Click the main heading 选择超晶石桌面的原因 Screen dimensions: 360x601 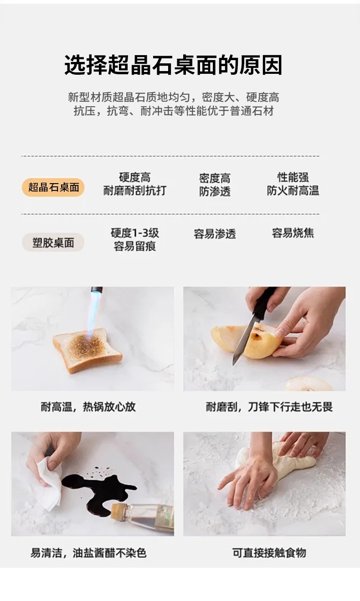coord(173,65)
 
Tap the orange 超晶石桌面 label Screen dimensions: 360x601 coord(53,187)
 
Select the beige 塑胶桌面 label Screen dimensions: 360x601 coord(53,242)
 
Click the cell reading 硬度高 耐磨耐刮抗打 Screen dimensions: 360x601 coord(135,184)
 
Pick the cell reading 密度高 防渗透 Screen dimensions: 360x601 coord(215,185)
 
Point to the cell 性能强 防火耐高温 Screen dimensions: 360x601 coord(293,184)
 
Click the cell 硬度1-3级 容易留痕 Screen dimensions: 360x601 coord(135,239)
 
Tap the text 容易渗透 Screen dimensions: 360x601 coord(215,234)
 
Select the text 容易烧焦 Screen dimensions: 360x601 coord(293,233)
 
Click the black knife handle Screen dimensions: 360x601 coord(264,303)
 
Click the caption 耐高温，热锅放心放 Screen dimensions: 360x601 coord(88,407)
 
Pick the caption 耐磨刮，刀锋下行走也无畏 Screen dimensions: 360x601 coord(269,407)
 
